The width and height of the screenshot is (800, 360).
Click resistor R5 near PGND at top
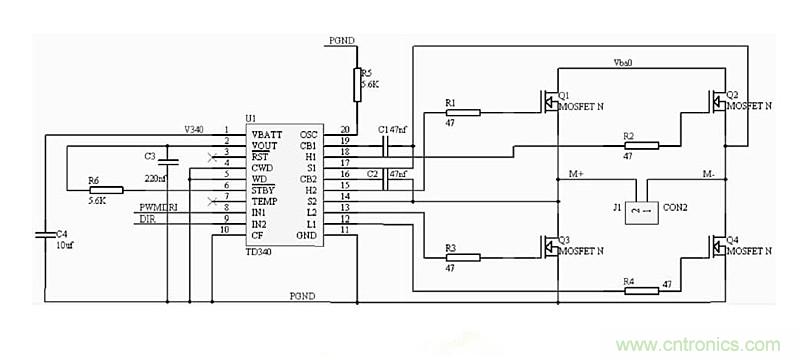[356, 85]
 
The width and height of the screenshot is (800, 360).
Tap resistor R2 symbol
[639, 145]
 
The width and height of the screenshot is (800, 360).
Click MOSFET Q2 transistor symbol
[718, 100]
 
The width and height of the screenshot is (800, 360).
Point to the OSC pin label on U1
[308, 134]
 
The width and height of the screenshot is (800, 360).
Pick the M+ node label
[577, 173]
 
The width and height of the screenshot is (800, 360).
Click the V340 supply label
[195, 129]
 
